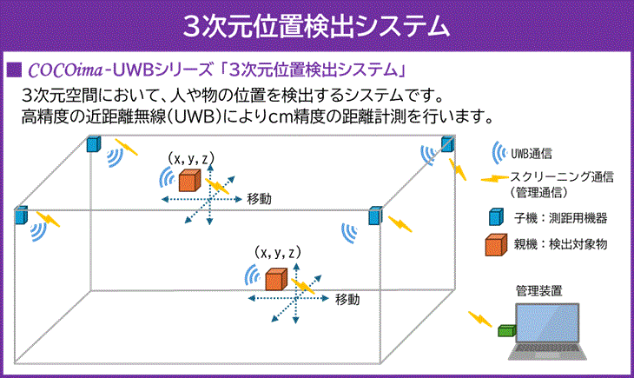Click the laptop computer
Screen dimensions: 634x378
pos(547,331)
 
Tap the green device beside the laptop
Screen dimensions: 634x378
pos(506,330)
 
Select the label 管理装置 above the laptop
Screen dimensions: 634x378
pos(539,290)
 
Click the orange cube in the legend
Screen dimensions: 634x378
pos(496,244)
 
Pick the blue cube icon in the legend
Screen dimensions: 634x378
pos(496,216)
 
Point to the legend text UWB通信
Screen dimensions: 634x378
pos(532,154)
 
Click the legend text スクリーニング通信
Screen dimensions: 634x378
pos(562,177)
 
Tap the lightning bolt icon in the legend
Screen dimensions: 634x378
pos(495,178)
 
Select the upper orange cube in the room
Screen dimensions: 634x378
pos(189,181)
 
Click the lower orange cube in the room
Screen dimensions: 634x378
pos(276,279)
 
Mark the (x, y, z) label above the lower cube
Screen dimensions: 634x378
pos(278,253)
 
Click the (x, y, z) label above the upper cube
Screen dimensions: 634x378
pos(191,158)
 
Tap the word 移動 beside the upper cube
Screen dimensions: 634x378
pos(259,199)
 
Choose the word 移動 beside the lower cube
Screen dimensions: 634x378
pos(347,300)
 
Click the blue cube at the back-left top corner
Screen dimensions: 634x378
pos(94,144)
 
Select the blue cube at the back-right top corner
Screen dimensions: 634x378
pos(447,144)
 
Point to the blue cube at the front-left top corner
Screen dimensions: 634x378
pos(21,216)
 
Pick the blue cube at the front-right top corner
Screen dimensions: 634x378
pos(375,216)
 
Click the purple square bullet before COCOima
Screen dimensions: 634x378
pos(14,70)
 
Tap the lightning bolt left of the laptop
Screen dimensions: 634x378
pos(480,319)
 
